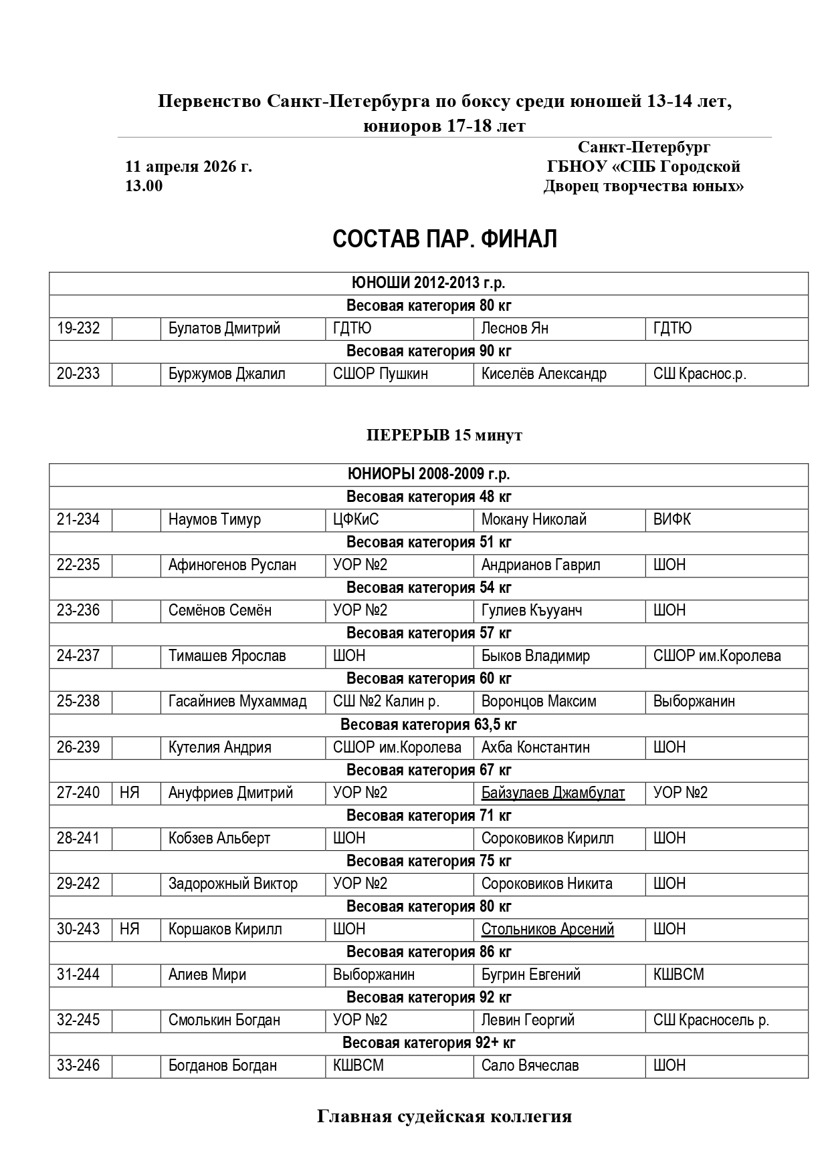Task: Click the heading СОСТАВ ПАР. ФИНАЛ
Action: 445,239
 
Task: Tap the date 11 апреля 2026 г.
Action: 189,166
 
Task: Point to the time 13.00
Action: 144,186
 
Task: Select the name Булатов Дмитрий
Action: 224,328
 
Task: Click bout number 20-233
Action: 78,374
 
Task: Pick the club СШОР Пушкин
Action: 381,374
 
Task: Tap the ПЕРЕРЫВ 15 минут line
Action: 444,435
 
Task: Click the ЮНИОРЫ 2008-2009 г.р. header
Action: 429,474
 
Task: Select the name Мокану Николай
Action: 534,519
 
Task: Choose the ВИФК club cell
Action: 672,519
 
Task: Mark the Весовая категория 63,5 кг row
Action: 429,725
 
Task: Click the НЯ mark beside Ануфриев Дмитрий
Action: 129,793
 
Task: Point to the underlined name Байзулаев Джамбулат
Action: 553,793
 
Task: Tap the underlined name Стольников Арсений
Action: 548,929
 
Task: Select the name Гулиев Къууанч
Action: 532,610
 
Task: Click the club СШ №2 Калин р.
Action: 386,701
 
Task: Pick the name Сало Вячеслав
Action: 530,1065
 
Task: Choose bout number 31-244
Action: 78,974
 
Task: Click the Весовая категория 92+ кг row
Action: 429,1043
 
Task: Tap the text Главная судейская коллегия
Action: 444,1117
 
